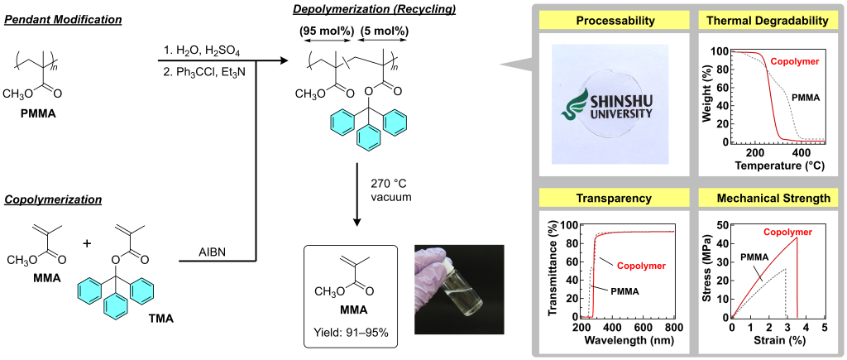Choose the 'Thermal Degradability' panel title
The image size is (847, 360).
coord(767,22)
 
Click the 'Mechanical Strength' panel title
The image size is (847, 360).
coord(767,199)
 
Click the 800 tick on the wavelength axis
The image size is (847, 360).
coord(674,328)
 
